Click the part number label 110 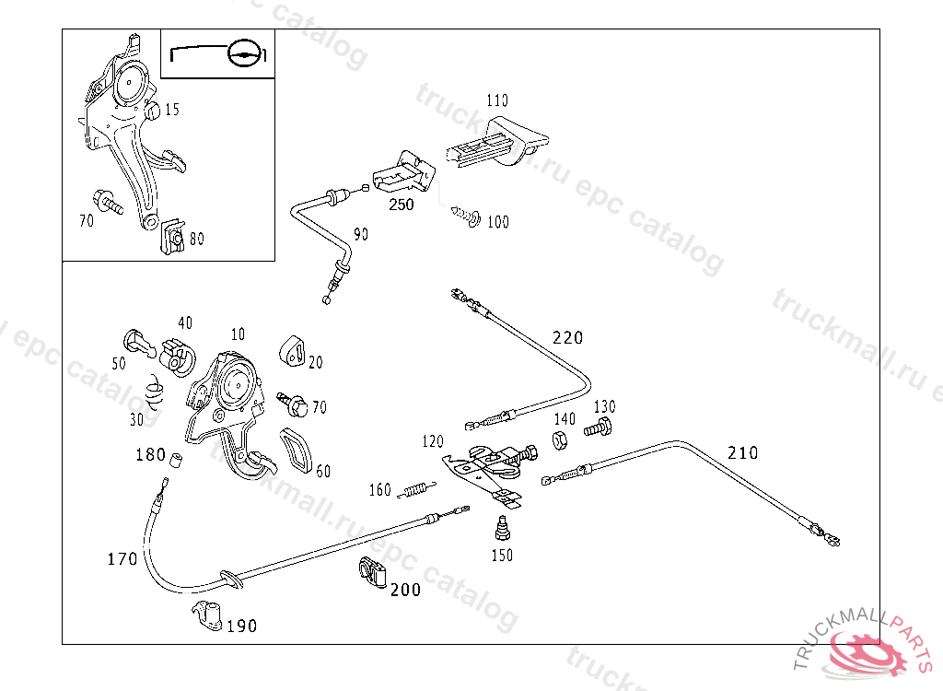tap(497, 100)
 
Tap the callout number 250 tap(402, 205)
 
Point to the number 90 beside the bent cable tap(361, 235)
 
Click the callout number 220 tap(567, 338)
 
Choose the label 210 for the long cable tap(742, 452)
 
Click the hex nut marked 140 tap(559, 439)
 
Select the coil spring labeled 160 tap(418, 491)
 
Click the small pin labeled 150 tap(502, 530)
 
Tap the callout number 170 tap(122, 558)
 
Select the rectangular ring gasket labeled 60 tap(296, 449)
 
